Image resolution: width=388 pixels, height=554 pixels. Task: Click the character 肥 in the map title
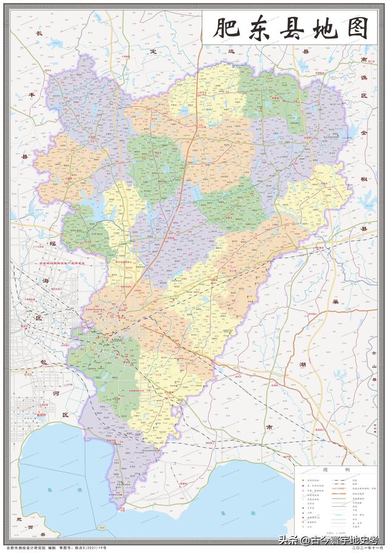(x=224, y=28)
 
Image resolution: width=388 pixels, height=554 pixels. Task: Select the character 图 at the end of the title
(x=358, y=28)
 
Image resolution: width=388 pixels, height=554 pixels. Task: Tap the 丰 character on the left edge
(x=33, y=96)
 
